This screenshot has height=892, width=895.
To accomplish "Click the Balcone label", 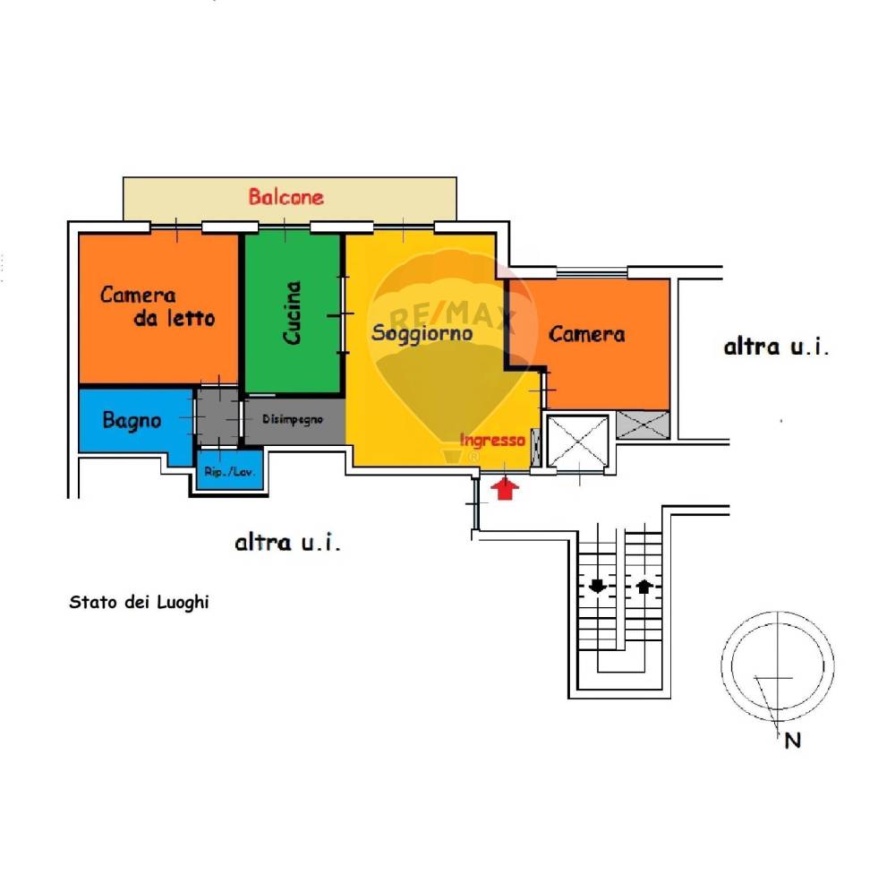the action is [286, 197].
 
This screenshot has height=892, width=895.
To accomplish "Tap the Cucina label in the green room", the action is [292, 313].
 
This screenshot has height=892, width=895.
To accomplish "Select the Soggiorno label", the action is [422, 333].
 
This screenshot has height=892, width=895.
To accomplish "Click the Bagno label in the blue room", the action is [132, 420].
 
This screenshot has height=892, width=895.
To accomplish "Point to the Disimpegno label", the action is [293, 419].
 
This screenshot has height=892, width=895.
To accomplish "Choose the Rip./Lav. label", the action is [229, 472].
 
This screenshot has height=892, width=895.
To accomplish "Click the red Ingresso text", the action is [492, 441].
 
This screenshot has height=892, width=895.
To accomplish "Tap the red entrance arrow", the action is [505, 489].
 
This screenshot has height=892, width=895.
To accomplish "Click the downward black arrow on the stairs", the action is [597, 586].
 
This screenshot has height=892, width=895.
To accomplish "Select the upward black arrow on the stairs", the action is [644, 586].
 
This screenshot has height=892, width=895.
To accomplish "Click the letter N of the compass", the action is [793, 741].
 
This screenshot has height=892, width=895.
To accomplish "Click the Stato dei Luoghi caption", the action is [139, 603].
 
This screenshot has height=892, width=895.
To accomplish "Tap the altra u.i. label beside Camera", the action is [776, 347].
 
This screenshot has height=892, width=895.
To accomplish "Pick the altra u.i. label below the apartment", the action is [287, 542].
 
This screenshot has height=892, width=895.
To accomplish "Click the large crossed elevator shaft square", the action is [577, 442].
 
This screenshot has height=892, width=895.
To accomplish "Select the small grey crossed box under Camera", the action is [643, 425].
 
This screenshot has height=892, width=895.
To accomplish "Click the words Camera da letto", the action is [158, 306].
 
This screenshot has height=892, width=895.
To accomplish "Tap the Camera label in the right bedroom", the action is [586, 334].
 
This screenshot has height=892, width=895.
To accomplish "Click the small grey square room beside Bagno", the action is [217, 416].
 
